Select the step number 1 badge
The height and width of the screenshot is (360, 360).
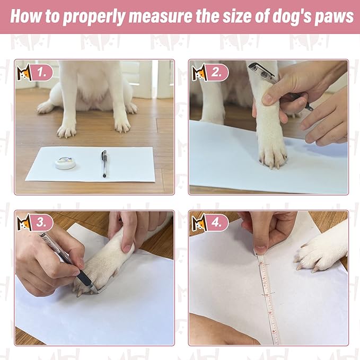[41, 73]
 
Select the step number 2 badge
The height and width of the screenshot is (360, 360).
[216, 73]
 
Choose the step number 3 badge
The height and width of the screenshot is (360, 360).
[41, 223]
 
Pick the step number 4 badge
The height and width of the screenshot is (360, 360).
[216, 223]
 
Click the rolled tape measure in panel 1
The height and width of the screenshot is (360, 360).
[65, 162]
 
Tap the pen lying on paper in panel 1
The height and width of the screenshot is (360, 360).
[104, 163]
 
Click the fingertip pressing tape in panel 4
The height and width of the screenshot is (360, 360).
[260, 248]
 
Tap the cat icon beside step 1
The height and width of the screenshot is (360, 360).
[24, 73]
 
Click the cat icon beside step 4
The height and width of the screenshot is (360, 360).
[199, 223]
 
